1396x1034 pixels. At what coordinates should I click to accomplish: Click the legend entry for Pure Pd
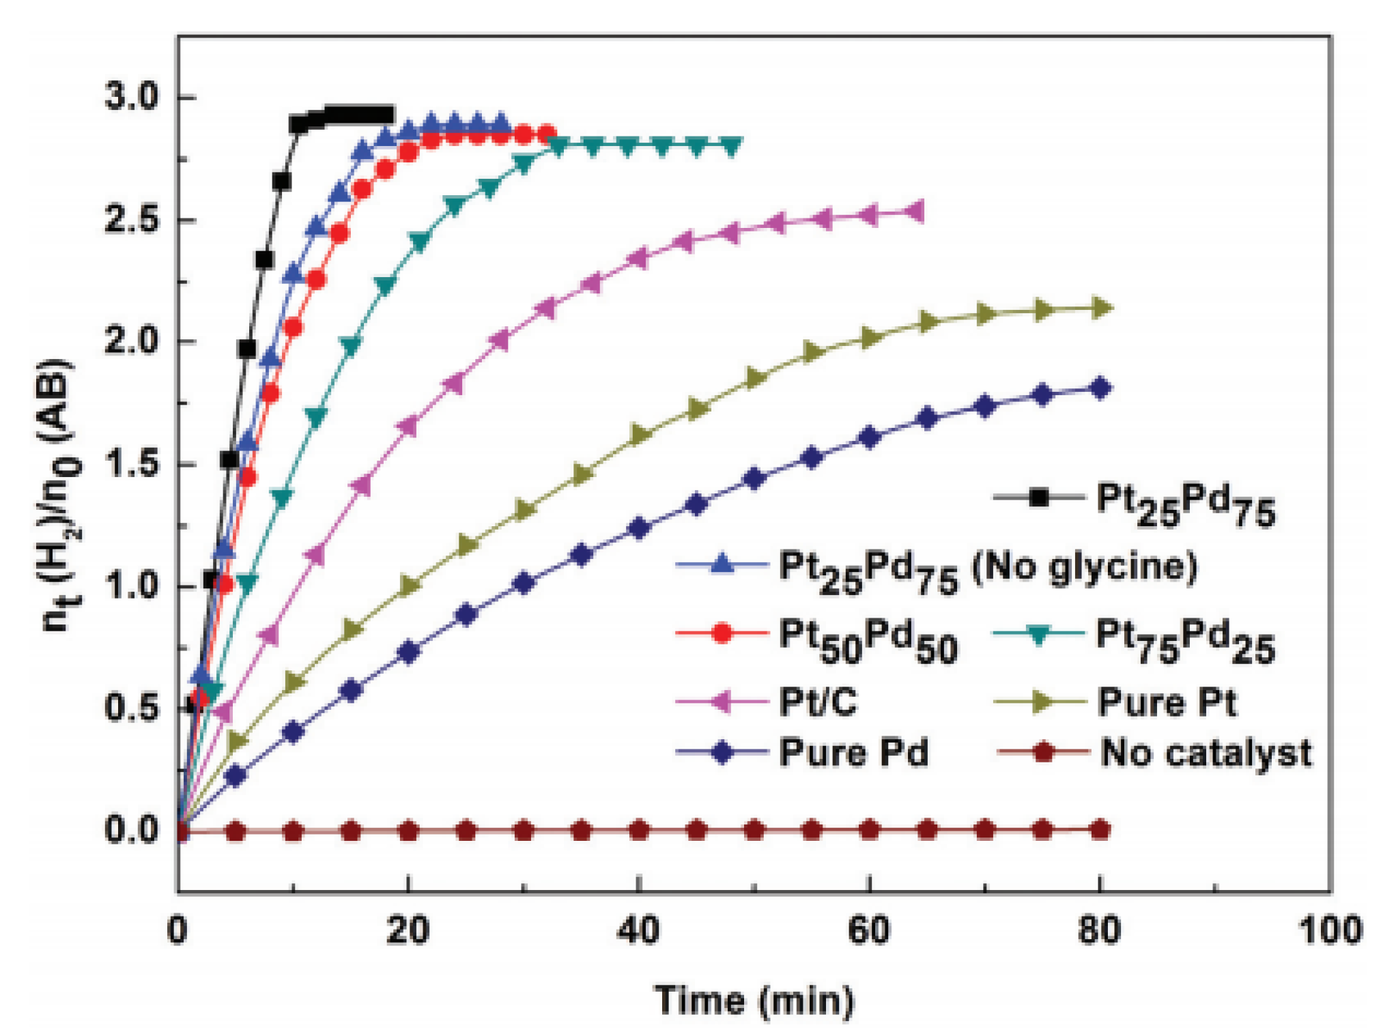pos(853,753)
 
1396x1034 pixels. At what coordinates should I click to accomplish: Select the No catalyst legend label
pos(1206,753)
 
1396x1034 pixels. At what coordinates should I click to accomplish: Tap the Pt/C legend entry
pos(817,702)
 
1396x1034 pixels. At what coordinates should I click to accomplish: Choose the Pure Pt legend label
pos(1167,702)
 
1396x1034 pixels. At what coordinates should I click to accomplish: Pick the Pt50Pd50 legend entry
pos(868,638)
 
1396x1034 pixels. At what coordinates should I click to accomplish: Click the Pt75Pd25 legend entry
pos(1185,638)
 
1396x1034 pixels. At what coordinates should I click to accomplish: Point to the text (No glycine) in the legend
pos(1084,566)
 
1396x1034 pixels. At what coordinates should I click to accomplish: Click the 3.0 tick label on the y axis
pos(130,97)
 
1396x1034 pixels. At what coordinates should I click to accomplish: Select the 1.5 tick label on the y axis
pos(130,464)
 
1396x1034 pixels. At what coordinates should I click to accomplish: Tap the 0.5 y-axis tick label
pos(130,708)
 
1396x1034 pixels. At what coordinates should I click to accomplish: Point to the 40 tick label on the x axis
pos(638,930)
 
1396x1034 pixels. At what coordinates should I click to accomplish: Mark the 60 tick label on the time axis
pos(869,930)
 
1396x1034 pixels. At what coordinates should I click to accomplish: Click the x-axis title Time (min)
pos(754,1001)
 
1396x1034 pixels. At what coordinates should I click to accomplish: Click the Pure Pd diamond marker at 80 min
pos(1100,388)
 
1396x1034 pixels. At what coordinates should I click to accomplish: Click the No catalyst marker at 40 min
pos(639,830)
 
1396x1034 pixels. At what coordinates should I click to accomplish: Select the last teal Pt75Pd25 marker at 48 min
pos(731,145)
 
